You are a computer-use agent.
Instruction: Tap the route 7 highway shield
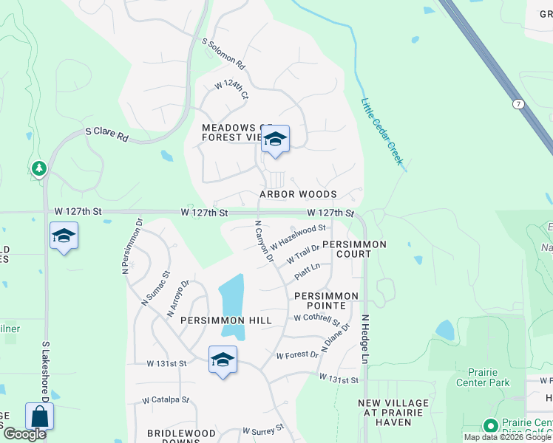tap(519, 104)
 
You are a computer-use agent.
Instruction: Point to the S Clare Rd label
tap(106, 134)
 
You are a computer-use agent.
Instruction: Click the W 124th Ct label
tap(231, 91)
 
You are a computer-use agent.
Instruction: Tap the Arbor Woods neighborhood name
tap(298, 194)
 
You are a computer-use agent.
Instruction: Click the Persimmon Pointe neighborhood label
tap(326, 301)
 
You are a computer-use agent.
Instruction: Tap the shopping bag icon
tap(39, 416)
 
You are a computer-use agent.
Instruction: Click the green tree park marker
tap(39, 169)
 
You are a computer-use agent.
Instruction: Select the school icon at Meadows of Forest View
tap(275, 139)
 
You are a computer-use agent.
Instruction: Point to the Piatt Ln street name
tap(307, 272)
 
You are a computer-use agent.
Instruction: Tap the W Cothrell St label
tap(316, 319)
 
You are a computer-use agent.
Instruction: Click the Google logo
tap(24, 434)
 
